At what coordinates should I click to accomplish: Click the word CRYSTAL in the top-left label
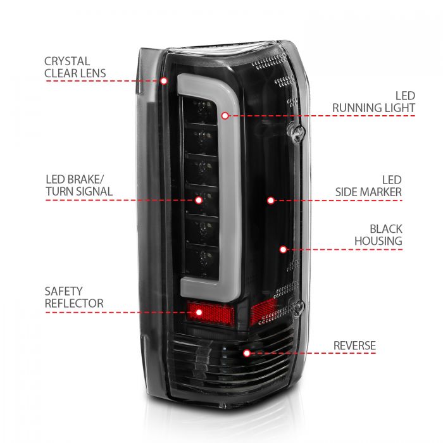tap(67, 61)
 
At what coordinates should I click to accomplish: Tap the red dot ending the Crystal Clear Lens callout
tap(164, 81)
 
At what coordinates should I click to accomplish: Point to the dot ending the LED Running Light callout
tap(225, 115)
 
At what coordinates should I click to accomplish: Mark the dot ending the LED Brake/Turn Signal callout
tap(198, 200)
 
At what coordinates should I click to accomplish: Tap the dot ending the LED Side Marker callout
tap(270, 200)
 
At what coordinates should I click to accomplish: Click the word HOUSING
tap(378, 241)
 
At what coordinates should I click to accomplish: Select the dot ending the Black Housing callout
tap(283, 250)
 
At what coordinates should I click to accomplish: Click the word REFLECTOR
tap(73, 304)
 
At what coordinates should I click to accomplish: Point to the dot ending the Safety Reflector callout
tap(197, 311)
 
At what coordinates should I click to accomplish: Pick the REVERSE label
tap(355, 346)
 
